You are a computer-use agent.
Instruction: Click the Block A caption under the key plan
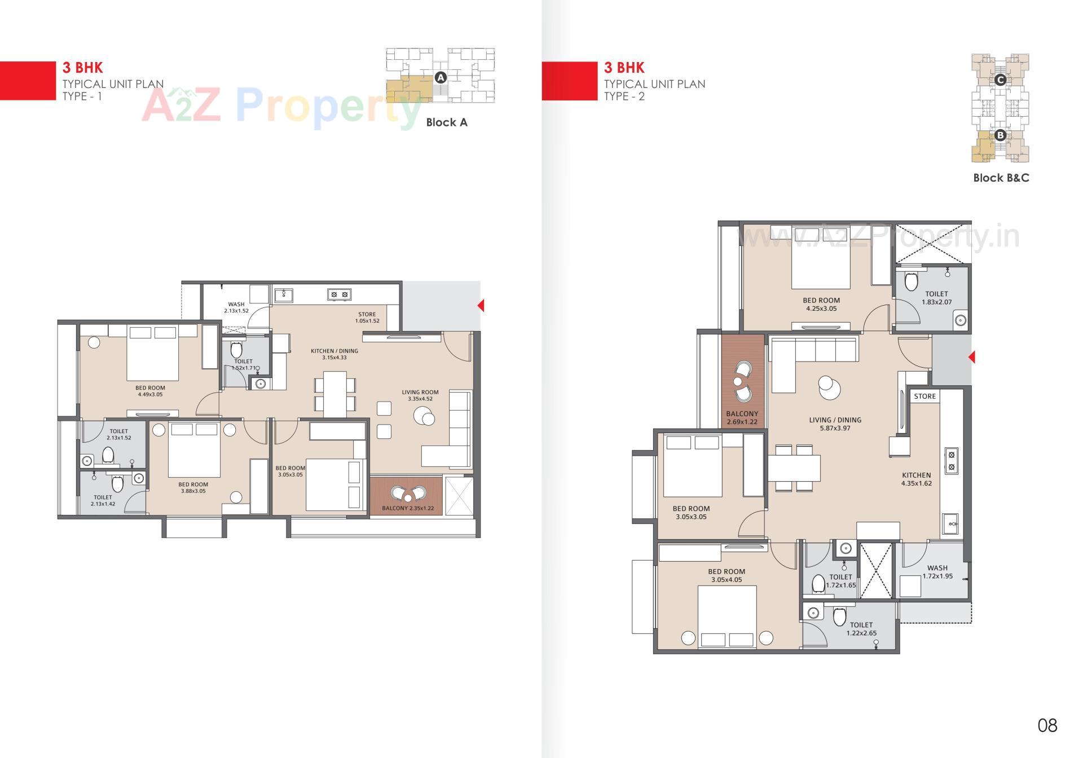click(446, 122)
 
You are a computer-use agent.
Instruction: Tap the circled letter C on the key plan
click(1000, 80)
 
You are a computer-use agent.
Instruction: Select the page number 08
click(1047, 725)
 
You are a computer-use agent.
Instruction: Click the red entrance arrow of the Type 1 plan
click(481, 306)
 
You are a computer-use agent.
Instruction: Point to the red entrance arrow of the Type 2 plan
click(971, 357)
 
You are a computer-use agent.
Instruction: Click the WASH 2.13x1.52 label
click(236, 307)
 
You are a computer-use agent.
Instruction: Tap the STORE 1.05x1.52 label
click(367, 318)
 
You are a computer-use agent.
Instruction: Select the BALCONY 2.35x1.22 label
click(408, 508)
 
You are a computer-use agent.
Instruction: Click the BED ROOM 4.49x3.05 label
click(150, 391)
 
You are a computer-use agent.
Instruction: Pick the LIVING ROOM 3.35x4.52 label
click(420, 395)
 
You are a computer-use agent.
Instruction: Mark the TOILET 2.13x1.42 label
click(103, 500)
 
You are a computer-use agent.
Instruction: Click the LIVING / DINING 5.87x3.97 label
click(835, 424)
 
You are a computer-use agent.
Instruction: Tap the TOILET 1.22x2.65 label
click(861, 629)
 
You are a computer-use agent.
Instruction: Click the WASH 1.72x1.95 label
click(937, 572)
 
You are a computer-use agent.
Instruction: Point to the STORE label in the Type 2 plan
click(924, 396)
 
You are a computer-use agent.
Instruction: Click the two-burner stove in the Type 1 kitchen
click(340, 294)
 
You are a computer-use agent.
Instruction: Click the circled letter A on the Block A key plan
click(441, 78)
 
